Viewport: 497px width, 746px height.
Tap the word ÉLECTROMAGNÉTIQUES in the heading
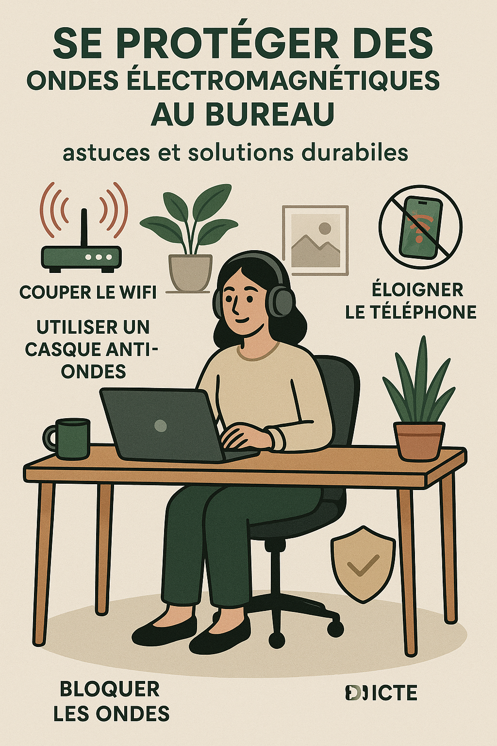pos(283,81)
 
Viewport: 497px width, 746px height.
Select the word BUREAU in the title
pos(270,114)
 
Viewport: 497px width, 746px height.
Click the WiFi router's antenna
pos(84,228)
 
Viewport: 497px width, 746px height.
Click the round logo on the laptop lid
pos(161,425)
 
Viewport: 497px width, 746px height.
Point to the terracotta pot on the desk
pos(419,441)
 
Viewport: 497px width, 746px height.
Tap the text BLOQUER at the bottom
pos(110,689)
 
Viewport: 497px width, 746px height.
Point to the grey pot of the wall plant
pos(190,272)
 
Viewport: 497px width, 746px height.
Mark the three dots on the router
pos(99,257)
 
